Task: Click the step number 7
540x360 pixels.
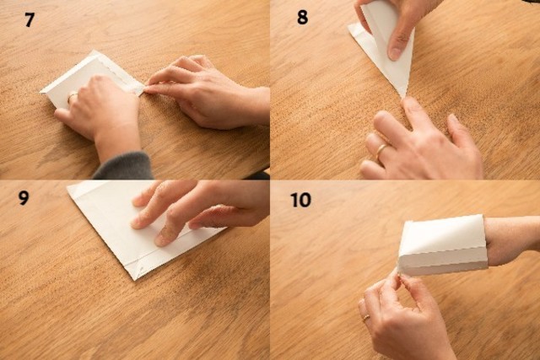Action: [x=30, y=19]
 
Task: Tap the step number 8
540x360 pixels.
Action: [x=302, y=17]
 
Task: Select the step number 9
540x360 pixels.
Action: [x=24, y=198]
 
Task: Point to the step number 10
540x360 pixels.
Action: [x=300, y=200]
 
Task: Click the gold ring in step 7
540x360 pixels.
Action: [x=72, y=95]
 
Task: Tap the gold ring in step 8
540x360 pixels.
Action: [x=381, y=152]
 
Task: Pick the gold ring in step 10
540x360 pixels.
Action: [x=366, y=318]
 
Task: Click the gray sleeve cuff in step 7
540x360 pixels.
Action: [x=124, y=167]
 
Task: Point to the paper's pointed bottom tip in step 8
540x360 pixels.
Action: [x=404, y=97]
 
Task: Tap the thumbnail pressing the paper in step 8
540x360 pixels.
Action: [x=397, y=52]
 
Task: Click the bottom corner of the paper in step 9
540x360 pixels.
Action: [x=135, y=279]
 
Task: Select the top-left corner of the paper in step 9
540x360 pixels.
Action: [x=68, y=187]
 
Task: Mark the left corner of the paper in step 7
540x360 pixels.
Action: [x=41, y=92]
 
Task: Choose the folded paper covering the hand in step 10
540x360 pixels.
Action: [x=442, y=244]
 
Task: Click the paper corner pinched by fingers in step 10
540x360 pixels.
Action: [x=399, y=270]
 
